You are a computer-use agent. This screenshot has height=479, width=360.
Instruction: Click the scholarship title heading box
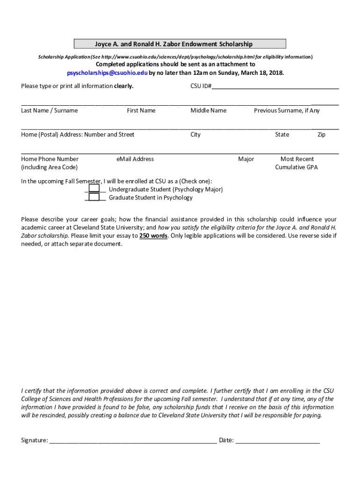coord(180,44)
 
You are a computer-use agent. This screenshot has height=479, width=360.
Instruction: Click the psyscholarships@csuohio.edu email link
coord(108,73)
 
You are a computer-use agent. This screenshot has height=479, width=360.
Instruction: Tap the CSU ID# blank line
coord(275,87)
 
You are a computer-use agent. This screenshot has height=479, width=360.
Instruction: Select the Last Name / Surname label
coord(50,110)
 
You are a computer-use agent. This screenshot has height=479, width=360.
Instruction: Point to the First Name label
coord(141,110)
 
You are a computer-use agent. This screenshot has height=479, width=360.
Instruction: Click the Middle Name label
coord(208,110)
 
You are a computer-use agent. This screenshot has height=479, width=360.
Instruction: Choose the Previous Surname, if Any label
coord(287,110)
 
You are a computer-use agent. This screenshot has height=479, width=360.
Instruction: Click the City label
coord(195,135)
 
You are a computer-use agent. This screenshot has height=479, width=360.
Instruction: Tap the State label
coord(282,135)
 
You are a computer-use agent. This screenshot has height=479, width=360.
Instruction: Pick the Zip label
coord(321,135)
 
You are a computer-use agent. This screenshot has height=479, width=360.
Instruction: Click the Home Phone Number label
coord(50,159)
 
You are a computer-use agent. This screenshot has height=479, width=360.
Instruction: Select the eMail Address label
coord(135,159)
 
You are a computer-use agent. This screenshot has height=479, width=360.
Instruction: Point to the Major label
coord(246,159)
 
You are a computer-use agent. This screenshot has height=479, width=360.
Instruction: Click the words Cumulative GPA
coord(296,167)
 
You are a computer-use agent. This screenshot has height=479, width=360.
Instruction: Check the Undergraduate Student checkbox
coord(94,189)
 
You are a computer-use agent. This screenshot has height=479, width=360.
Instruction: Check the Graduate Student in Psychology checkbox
coord(94,197)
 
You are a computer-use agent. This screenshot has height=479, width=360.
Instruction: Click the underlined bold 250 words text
coord(153,236)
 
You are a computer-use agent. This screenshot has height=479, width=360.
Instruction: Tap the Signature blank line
coord(133,441)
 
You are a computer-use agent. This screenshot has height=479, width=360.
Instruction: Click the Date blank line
coord(278,441)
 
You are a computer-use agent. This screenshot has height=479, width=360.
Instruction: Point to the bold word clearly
coord(124,86)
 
